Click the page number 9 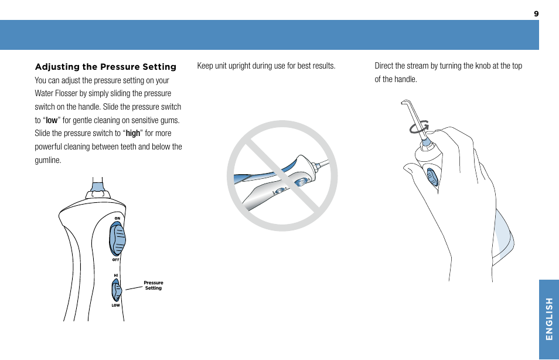coord(536,13)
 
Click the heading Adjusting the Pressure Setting coord(105,67)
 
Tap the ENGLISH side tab coord(548,318)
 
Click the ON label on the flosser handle coord(117,218)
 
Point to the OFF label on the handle coord(116,259)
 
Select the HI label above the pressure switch coord(116,275)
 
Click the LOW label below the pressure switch coord(115,305)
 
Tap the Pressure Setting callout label coord(154,286)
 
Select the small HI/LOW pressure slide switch coord(117,290)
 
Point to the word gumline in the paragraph coord(47,160)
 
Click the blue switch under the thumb coord(432,177)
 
